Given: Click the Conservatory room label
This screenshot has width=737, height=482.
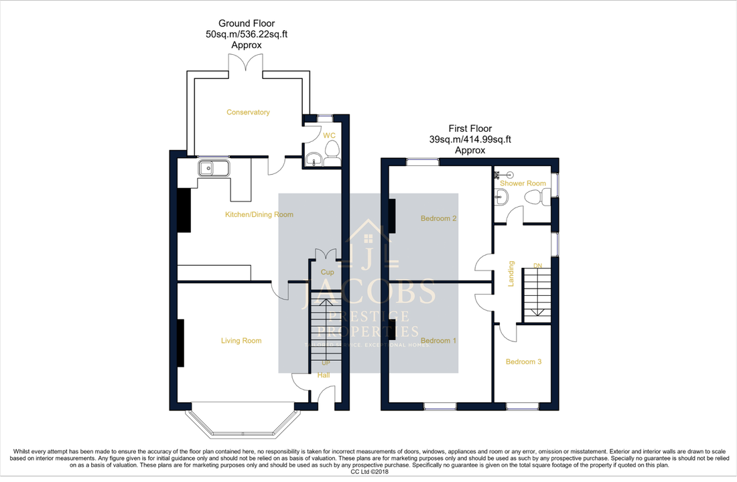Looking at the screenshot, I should point(248,112).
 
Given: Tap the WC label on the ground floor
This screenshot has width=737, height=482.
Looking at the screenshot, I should point(329,135).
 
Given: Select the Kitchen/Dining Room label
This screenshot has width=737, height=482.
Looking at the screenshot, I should point(259,215).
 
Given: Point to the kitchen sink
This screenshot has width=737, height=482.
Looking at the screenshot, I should point(214,167).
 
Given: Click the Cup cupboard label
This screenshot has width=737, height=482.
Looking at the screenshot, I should point(327,272).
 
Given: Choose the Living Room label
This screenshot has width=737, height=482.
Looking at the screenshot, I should point(241,341).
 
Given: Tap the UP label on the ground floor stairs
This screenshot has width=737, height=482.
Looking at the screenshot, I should point(326,363).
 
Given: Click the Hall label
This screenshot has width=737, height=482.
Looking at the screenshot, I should point(324,375).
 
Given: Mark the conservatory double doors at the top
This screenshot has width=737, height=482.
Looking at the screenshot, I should point(247,62).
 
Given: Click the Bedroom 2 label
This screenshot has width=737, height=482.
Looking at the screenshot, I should point(438,218).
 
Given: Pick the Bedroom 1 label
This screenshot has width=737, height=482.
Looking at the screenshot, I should point(438,341).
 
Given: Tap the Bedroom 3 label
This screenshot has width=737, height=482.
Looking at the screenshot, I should point(523,361).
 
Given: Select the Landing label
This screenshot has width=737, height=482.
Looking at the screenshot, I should point(511,274).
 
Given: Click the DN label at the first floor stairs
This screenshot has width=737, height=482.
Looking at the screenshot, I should point(537,266).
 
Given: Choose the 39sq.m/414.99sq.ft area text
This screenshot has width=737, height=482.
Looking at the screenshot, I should point(470,139).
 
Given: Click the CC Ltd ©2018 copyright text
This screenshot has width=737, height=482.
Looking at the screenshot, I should point(369,471).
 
